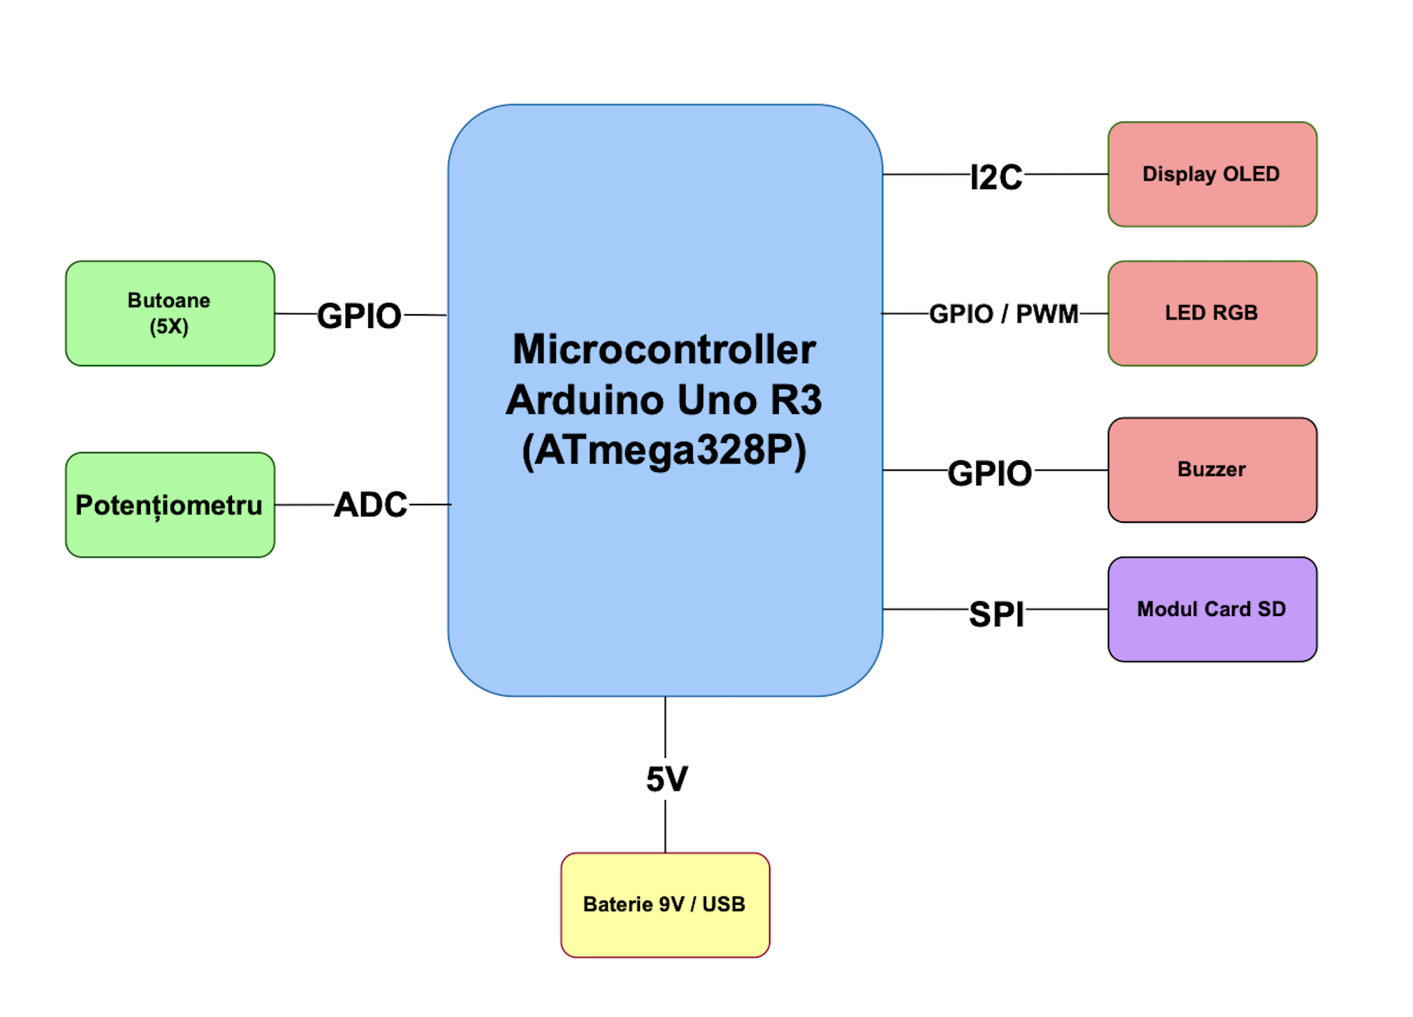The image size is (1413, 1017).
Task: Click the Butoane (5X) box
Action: [x=169, y=314]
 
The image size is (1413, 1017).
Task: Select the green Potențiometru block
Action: [x=169, y=505]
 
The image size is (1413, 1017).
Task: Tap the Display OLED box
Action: [x=1212, y=174]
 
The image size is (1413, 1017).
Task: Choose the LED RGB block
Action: [x=1212, y=314]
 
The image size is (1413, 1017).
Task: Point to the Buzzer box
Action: [x=1212, y=469]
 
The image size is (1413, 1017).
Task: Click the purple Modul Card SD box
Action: [x=1212, y=609]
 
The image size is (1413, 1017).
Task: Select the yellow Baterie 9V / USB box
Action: [x=665, y=904]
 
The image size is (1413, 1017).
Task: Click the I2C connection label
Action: [x=996, y=177]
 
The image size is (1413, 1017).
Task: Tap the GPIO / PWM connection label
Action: [x=1004, y=314]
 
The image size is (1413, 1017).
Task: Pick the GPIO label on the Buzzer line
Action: [x=989, y=473]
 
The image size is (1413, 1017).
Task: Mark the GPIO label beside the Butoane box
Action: [x=359, y=316]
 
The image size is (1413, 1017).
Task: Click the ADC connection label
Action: [x=370, y=505]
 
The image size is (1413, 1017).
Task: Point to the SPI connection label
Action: [x=996, y=613]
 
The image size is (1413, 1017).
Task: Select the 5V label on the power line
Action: [x=666, y=778]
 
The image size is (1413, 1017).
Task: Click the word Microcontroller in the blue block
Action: [x=664, y=349]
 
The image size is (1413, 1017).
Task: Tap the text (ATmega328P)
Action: [x=664, y=450]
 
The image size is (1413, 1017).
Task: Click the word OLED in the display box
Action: [x=1251, y=174]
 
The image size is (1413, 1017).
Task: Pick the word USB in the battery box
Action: [x=723, y=904]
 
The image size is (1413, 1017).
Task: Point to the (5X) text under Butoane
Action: [x=169, y=326]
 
